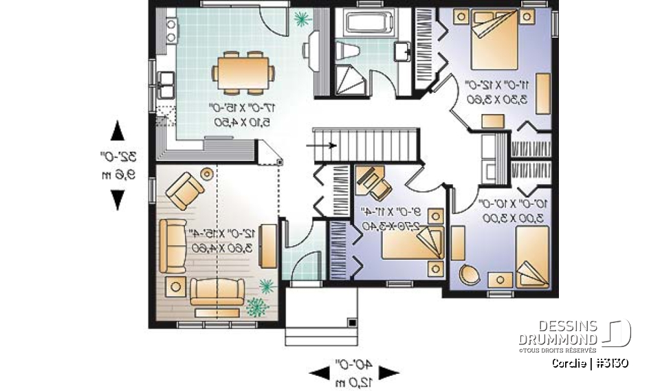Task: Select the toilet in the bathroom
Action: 346,50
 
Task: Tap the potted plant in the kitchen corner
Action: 300,19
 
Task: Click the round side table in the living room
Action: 206,171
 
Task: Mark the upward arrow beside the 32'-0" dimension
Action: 118,130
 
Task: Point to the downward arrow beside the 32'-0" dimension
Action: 118,199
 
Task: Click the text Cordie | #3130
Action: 590,364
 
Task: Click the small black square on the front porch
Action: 351,321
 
